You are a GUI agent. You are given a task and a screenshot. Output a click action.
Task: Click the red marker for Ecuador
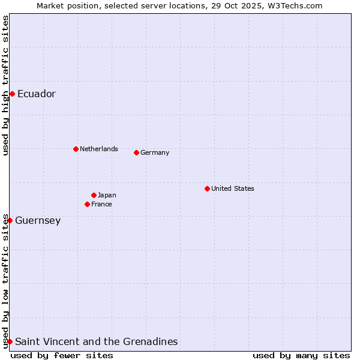pos(12,94)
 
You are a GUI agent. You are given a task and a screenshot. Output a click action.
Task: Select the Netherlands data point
pos(76,149)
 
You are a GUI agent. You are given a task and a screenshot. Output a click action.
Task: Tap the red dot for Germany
pos(136,152)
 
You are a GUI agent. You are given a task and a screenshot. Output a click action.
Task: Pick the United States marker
pos(207,188)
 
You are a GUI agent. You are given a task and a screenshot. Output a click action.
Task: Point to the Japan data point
pos(94,195)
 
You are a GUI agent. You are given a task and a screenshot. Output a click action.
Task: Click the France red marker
pos(87,204)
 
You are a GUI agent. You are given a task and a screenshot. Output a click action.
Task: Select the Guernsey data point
pos(10,220)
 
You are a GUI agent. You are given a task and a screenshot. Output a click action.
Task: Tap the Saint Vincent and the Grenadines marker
pos(10,341)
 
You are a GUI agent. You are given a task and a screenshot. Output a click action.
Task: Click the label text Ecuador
pos(37,94)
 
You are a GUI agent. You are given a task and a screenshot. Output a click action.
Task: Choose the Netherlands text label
pos(99,149)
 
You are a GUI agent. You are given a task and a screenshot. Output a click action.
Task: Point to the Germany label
pos(155,152)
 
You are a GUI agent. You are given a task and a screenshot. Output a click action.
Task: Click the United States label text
pos(233,188)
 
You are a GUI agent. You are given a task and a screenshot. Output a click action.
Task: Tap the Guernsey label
pos(38,221)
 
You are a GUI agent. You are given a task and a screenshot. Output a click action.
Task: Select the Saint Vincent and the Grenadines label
pos(97,342)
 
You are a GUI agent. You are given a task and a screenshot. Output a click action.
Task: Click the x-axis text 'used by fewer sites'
pos(62,355)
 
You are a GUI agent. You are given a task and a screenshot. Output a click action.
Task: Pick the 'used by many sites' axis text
pos(301,355)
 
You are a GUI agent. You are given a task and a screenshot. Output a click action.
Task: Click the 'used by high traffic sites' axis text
pos(5,85)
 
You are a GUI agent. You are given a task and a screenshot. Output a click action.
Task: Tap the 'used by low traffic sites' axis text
pos(5,281)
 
